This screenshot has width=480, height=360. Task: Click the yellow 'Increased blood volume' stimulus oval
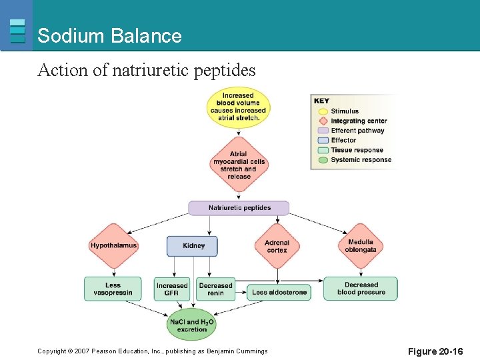coord(238,107)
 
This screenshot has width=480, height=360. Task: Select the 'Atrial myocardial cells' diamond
coord(239,165)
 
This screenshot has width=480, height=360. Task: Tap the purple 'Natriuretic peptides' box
coord(239,208)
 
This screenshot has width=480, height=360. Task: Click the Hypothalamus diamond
coord(113,245)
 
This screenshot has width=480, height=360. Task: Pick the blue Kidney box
coord(193,246)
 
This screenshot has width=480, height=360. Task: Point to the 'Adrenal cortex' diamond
coord(276,246)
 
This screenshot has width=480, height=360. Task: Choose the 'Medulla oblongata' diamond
coord(361,246)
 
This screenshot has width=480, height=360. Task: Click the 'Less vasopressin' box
coord(113,289)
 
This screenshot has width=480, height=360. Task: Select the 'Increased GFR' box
coord(172,289)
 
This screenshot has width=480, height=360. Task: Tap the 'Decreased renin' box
coord(215,289)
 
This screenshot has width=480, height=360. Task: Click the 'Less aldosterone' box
coord(279,292)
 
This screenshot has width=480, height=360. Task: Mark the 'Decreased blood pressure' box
coord(361,289)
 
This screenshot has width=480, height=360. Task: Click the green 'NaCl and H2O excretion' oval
coord(192,325)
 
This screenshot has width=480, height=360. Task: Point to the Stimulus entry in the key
coord(344,111)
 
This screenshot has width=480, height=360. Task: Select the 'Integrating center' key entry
coord(358,121)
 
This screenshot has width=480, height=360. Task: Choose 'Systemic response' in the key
coord(360,159)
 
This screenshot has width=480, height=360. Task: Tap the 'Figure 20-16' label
coord(436,351)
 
